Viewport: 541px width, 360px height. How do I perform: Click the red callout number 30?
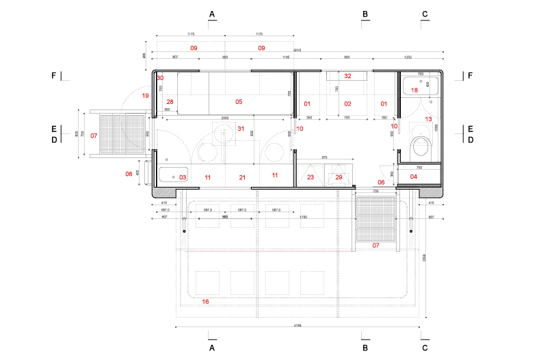(159, 78)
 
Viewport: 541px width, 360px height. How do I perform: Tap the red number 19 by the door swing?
(145, 96)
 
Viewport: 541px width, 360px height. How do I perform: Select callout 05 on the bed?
(239, 102)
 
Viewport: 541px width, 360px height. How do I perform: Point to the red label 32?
(347, 76)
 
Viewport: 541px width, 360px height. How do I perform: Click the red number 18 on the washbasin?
(414, 90)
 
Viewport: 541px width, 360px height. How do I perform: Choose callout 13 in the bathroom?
(429, 119)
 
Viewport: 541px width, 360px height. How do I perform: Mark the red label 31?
(240, 129)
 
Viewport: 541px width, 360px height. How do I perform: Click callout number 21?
(241, 177)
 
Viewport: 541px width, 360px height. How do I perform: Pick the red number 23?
(311, 177)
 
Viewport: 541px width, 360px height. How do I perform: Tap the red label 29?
(339, 177)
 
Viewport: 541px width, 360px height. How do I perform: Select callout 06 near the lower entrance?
(381, 182)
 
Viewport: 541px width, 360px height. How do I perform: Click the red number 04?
(413, 177)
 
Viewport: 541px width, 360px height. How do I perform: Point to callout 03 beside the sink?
(183, 177)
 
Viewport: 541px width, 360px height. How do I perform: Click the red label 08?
(129, 174)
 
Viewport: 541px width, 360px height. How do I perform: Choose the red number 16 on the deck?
(206, 301)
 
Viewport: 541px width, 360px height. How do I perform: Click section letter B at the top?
(365, 14)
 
